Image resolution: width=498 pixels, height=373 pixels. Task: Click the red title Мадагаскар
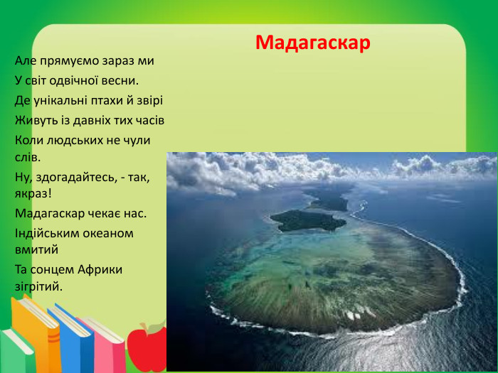tap(313, 43)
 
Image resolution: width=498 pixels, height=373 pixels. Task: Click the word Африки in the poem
tap(98, 269)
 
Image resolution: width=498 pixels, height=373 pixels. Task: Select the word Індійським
tap(48, 232)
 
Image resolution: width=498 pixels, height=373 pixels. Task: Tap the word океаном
tap(110, 232)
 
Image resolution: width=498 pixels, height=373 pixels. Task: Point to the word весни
tap(117, 80)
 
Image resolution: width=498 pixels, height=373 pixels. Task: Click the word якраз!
tap(33, 193)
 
